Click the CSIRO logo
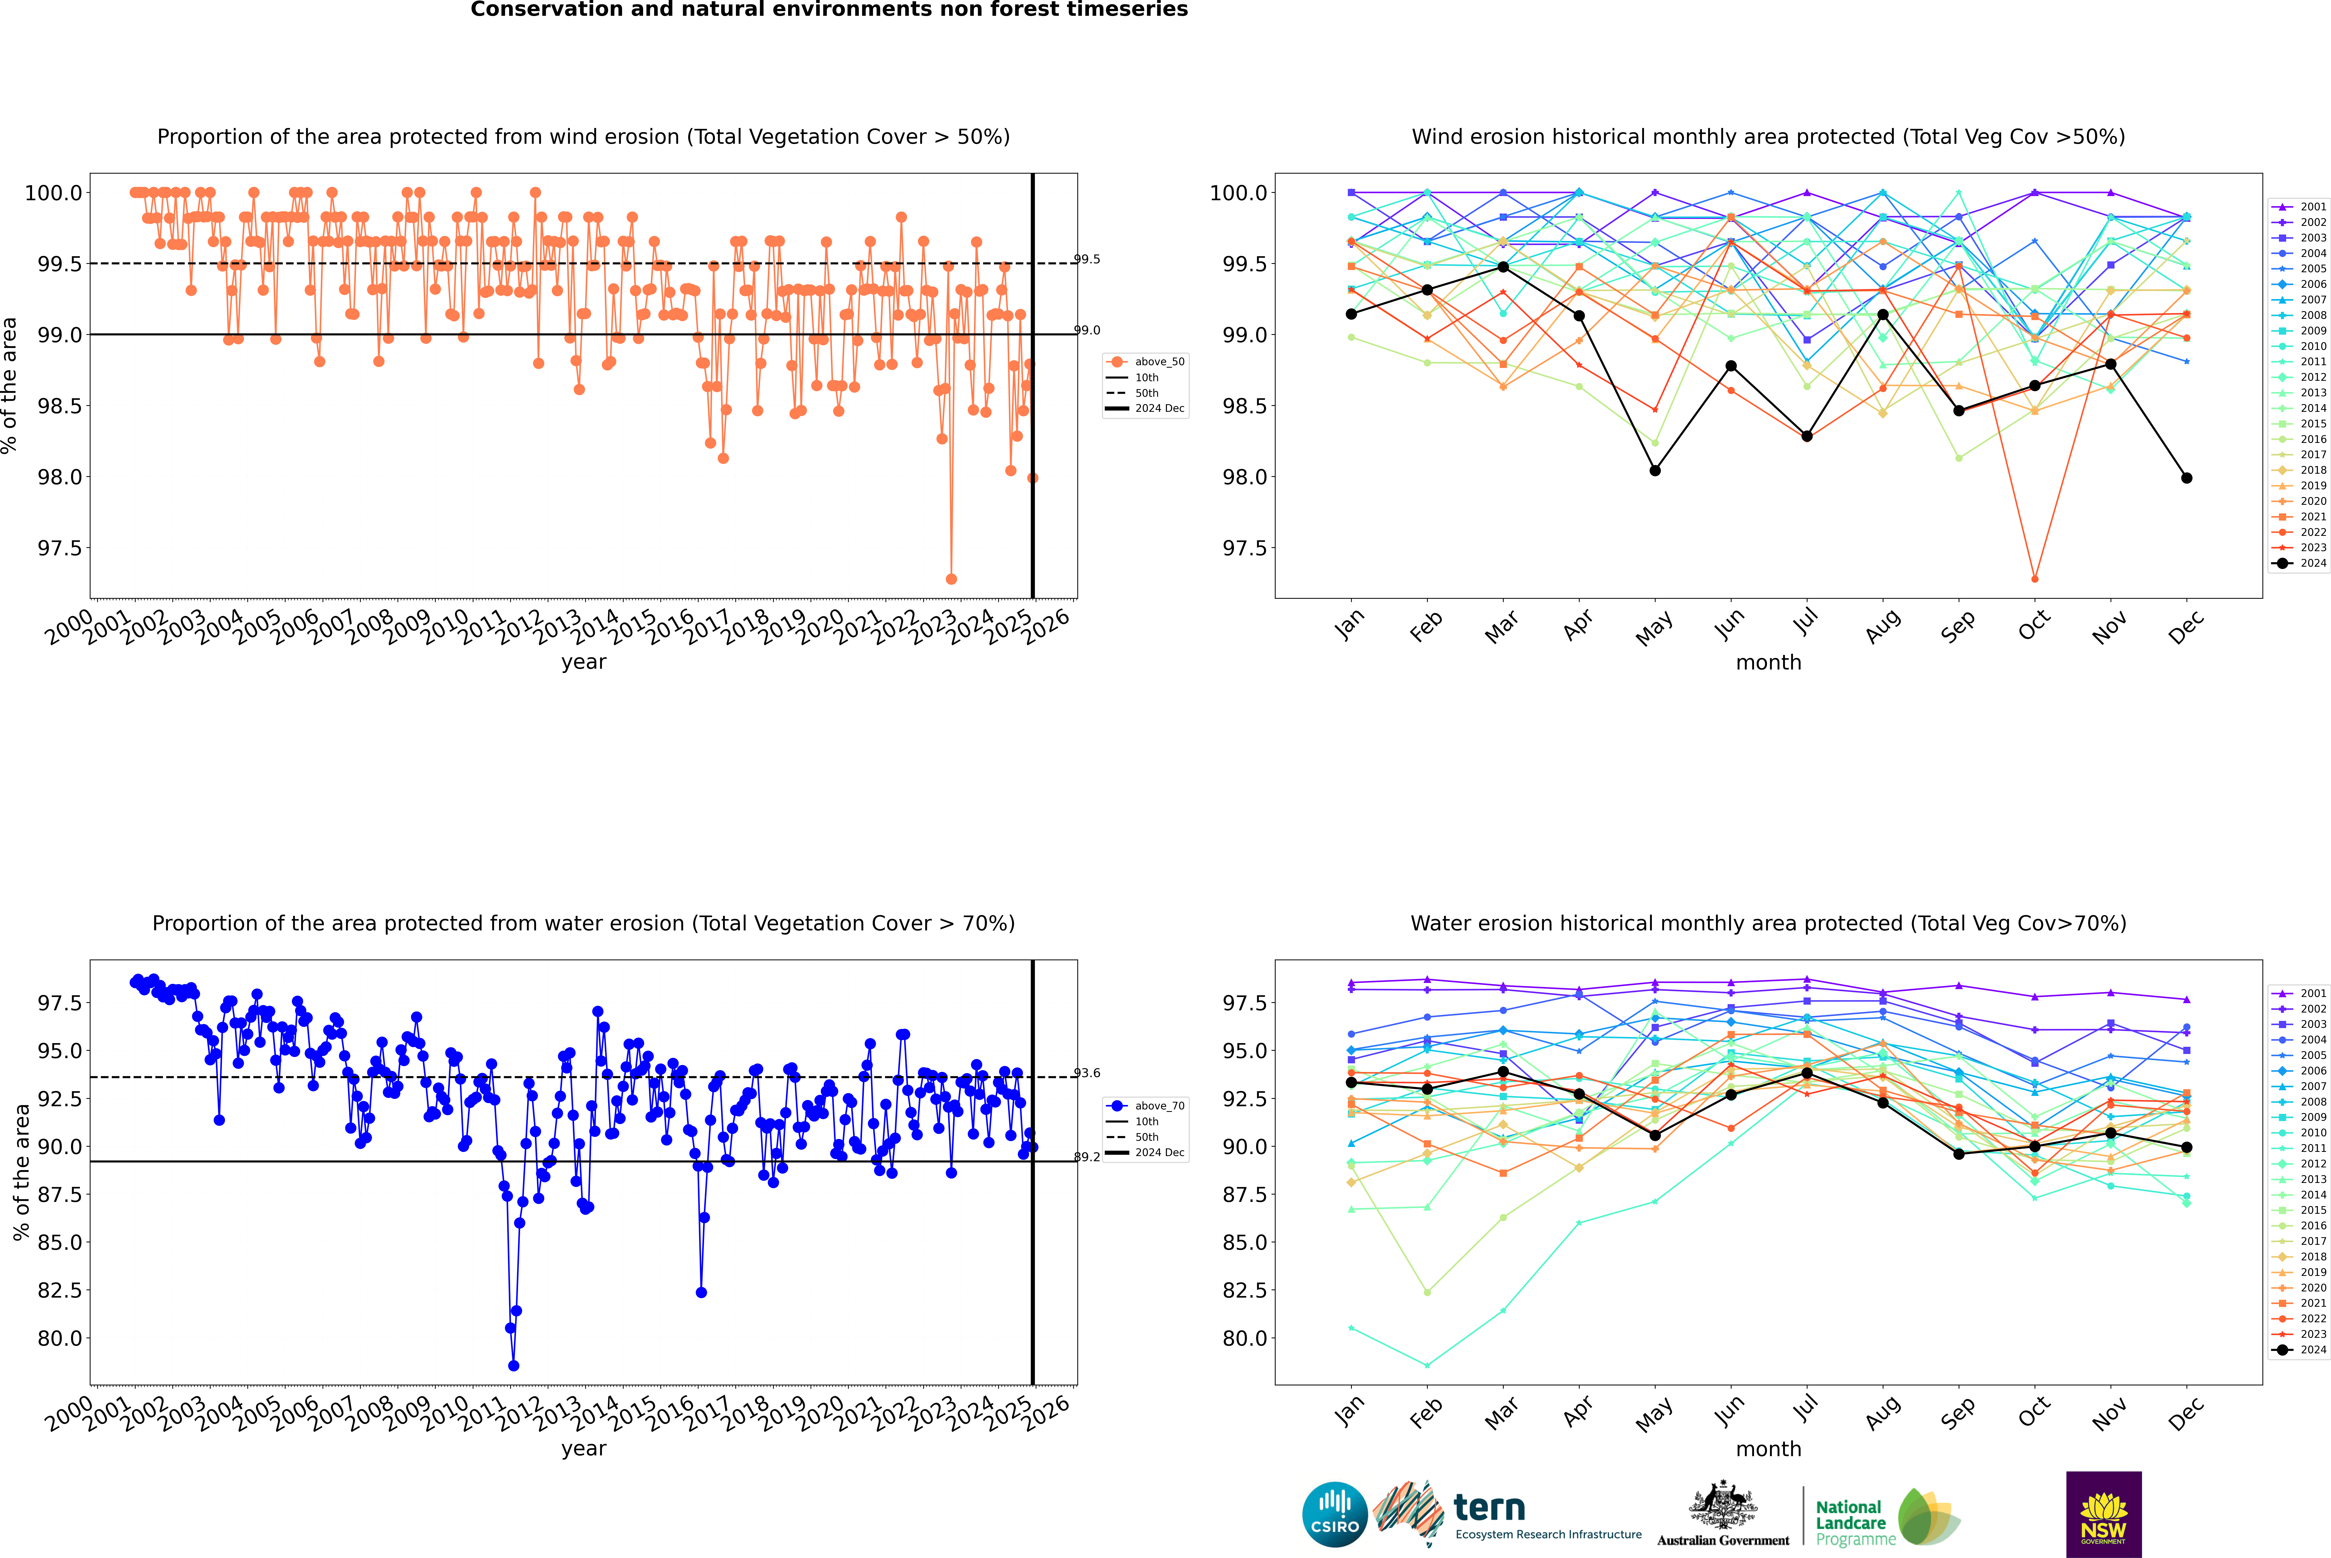(x=1335, y=1514)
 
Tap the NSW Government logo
(x=2103, y=1514)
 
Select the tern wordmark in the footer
(x=1489, y=1507)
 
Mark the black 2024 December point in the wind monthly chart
(x=2186, y=478)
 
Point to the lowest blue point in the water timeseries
(x=514, y=1365)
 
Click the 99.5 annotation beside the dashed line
(x=1087, y=259)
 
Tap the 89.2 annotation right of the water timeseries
(x=1087, y=1157)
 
